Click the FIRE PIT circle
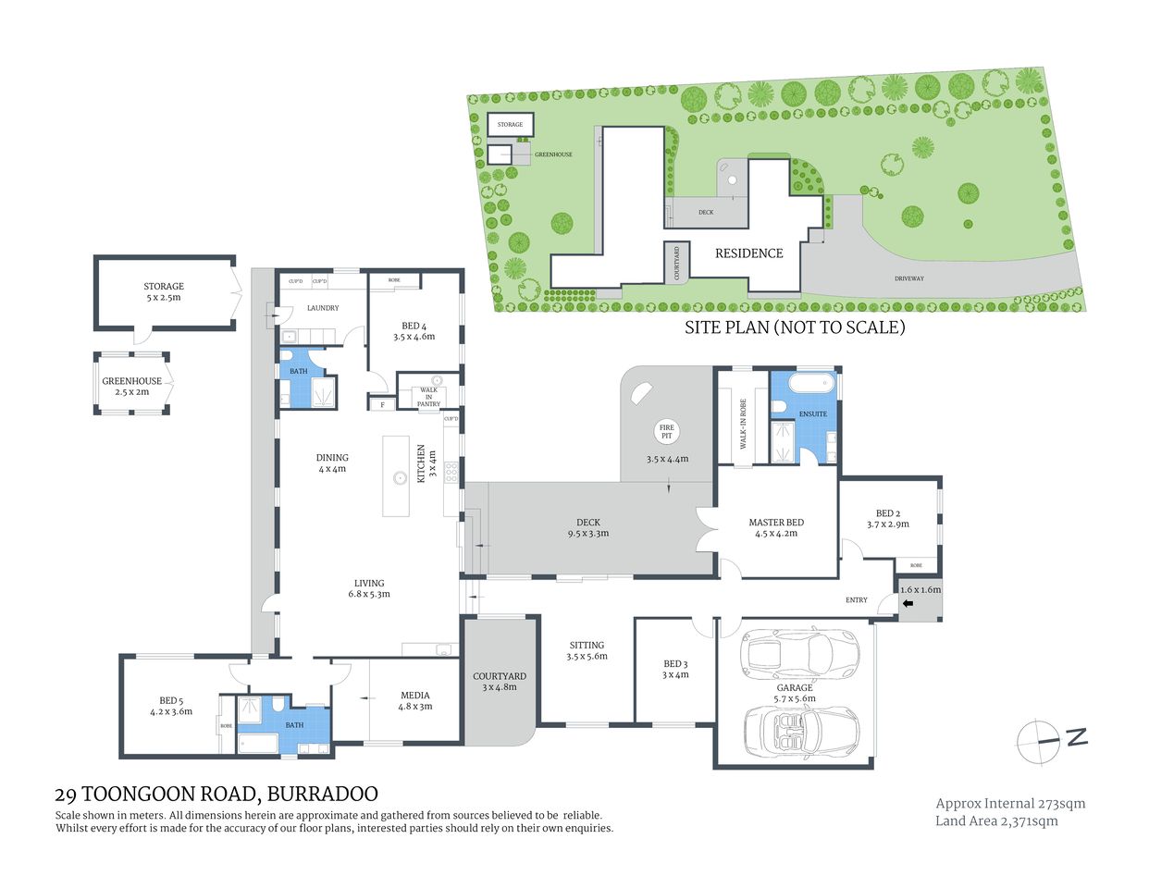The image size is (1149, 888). coord(666,431)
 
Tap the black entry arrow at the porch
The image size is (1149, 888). coord(908,604)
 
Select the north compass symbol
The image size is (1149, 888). coord(1051,741)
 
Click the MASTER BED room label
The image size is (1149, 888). coord(776,527)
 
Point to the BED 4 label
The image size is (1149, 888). coord(414,331)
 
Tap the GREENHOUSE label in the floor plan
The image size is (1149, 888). coord(131,386)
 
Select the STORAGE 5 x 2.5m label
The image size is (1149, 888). coord(164,291)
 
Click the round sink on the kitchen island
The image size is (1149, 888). coord(400,478)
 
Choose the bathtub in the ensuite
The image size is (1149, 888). coord(813,383)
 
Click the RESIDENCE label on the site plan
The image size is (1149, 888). coord(748,253)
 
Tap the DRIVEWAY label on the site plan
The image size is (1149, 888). coord(908,277)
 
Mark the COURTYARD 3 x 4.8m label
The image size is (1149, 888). coord(499,682)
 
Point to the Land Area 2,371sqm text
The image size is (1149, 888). coord(996,820)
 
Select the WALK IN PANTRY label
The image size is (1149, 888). coord(428,397)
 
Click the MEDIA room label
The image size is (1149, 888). coord(414,700)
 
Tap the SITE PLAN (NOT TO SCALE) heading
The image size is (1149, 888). coord(794,327)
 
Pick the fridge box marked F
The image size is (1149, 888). coord(381,404)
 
